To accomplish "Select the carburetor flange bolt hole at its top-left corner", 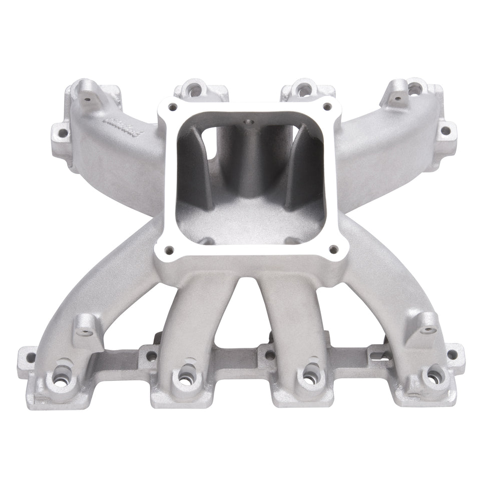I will pos(173,106).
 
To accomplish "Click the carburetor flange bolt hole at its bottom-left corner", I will pos(169,247).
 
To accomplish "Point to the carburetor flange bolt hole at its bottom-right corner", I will pos(331,247).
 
